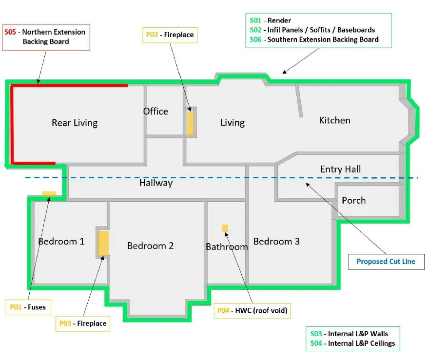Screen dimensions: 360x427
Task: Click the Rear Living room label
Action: point(75,123)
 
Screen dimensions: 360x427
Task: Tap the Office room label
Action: point(155,112)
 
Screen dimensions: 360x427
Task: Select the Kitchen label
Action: point(334,120)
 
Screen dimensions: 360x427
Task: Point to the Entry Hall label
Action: point(340,170)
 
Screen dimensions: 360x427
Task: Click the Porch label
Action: point(353,200)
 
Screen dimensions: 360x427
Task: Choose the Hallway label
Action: point(156,183)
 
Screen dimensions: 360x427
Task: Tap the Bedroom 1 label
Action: point(61,241)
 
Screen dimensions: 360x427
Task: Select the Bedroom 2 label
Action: point(150,246)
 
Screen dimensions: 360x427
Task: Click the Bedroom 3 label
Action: point(276,241)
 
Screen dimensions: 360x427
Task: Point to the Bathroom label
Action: point(227,247)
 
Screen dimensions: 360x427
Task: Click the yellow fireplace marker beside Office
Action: point(190,123)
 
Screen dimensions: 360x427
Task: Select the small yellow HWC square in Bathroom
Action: point(225,228)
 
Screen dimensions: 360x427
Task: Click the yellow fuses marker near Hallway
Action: point(49,194)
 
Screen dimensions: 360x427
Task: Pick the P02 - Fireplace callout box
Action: point(170,35)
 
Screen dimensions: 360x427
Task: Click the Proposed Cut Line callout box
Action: point(386,262)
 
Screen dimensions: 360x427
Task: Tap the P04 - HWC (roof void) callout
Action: point(252,310)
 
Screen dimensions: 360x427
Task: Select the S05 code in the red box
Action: point(10,32)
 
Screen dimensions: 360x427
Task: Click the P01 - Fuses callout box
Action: point(28,307)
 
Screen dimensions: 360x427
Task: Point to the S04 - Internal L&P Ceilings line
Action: point(352,343)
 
